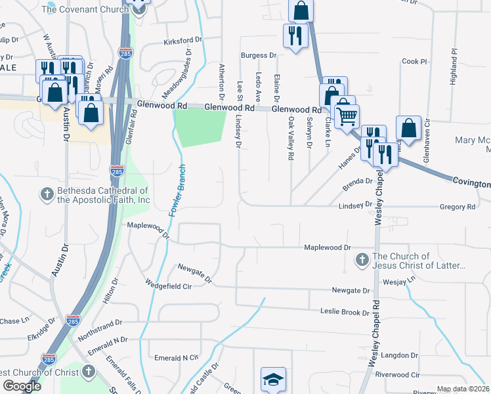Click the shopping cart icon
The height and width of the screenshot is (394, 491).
point(347,116)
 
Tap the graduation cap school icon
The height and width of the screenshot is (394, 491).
point(273,379)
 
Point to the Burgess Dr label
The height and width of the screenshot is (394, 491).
point(258,56)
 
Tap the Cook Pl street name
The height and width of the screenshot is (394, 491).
point(414,61)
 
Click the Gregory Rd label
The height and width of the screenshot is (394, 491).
point(461,207)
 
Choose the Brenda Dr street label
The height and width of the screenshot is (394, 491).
point(358,185)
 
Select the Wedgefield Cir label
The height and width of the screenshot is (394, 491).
point(169,286)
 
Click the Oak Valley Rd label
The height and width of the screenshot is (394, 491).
point(290,139)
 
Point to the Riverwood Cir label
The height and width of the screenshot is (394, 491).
point(397,375)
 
